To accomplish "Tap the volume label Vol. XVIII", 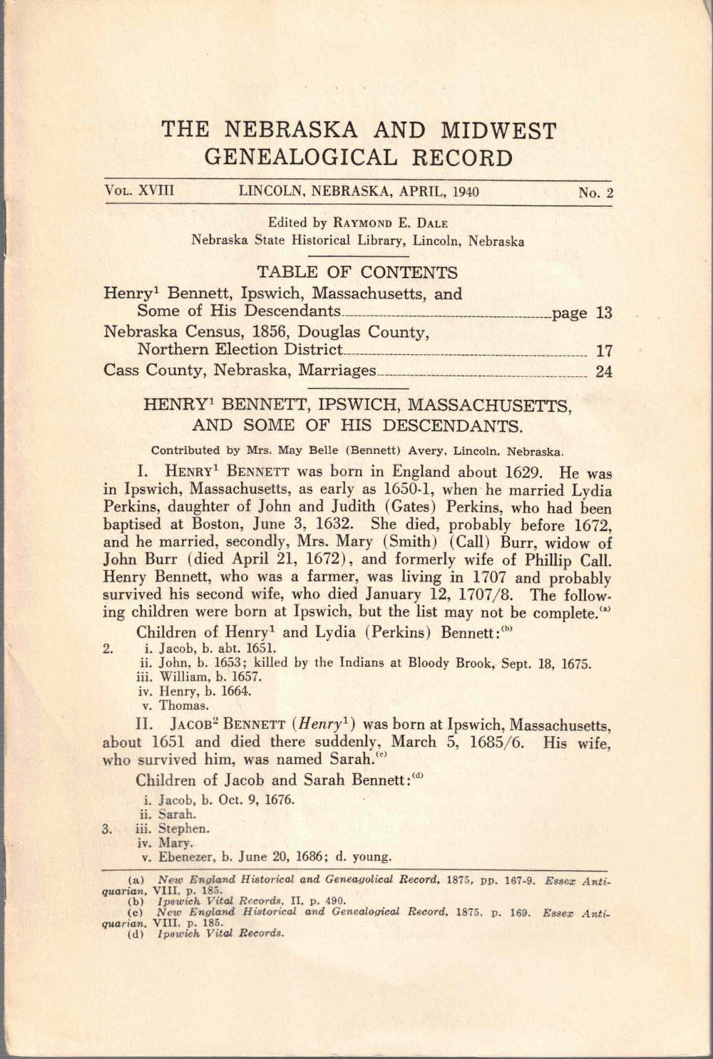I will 140,191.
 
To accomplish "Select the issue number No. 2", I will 597,192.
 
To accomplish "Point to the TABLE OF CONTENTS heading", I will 357,272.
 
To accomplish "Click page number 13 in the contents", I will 604,313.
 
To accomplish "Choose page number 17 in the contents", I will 604,351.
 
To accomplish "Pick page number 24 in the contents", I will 604,371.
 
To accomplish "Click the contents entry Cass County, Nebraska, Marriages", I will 240,371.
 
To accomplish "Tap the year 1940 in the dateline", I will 463,191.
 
